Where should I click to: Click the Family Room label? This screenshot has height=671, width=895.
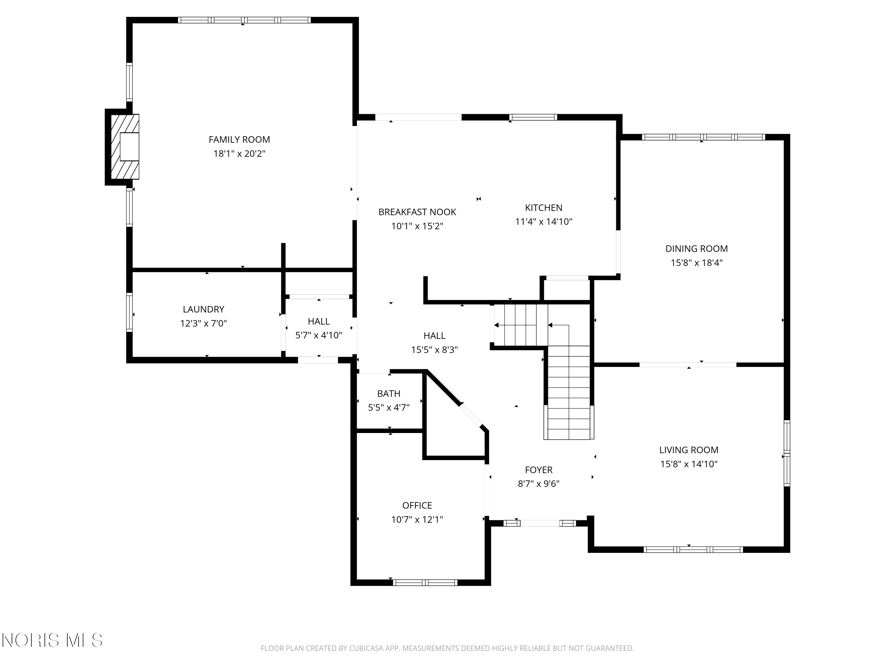point(239,140)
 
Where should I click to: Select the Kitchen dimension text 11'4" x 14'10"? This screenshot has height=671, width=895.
point(543,222)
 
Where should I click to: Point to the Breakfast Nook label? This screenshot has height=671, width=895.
point(417,212)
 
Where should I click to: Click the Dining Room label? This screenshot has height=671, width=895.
point(696,249)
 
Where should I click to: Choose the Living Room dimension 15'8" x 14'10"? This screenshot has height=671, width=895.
point(689,464)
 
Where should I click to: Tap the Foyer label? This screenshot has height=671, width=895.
point(538,470)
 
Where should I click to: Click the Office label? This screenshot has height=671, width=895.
point(417,505)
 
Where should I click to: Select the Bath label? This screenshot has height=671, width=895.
point(389,394)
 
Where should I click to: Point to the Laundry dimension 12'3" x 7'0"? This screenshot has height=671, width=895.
point(203,324)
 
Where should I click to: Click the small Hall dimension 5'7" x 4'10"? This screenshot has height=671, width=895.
point(319,335)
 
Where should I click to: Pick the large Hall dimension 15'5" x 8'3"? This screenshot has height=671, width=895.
point(435,350)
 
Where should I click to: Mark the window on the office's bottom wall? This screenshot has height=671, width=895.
point(425,582)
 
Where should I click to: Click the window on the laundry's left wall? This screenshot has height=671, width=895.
point(129,312)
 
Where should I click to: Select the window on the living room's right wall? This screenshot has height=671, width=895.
point(787,453)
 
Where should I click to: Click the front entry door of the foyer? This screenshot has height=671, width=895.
point(540,523)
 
